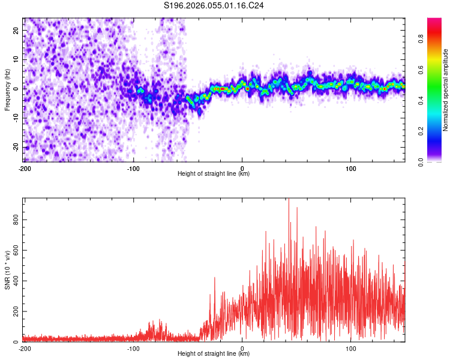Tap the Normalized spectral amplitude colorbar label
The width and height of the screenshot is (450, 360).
coord(446,90)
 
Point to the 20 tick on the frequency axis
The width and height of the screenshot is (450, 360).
coord(16,30)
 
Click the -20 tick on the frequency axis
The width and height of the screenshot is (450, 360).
coord(15,148)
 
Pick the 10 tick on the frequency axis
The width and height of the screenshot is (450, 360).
coord(16,59)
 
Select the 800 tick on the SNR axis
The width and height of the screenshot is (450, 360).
coord(14,220)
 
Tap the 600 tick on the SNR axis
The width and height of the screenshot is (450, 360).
coord(14,251)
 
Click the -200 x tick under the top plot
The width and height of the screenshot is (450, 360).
coord(25,169)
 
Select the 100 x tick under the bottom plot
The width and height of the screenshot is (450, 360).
coord(351,349)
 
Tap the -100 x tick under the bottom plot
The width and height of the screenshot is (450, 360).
coord(133,349)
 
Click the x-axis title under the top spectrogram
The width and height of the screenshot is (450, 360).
coord(214,174)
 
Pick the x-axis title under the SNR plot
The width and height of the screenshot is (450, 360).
coord(214,354)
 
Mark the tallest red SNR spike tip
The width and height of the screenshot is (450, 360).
coord(289,200)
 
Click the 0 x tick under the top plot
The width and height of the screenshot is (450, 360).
coord(242,169)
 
